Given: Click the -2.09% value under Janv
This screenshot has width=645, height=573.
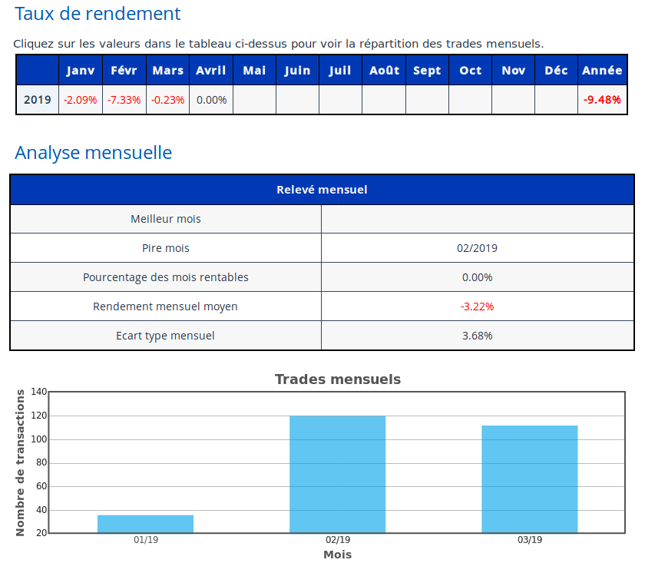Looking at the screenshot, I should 81,100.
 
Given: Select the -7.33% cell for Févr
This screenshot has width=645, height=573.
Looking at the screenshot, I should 124,100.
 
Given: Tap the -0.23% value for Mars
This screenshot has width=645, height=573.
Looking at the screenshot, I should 168,100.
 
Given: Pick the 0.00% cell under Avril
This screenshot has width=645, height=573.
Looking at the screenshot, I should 211,100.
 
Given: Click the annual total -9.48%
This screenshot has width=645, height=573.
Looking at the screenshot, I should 602,100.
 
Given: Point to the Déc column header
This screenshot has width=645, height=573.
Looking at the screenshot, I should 556,71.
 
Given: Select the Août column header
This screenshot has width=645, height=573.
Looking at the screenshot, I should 384,71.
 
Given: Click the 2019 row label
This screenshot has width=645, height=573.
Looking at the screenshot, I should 38,100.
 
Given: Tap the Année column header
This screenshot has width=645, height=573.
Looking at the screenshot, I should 602,71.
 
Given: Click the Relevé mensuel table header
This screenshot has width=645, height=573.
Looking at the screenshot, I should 322,190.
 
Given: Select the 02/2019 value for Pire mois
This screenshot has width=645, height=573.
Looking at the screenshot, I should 477,248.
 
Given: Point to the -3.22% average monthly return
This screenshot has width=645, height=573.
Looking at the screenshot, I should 477,306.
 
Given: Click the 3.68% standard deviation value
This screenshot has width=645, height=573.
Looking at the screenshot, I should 477,336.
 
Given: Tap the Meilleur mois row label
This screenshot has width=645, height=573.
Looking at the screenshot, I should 166,219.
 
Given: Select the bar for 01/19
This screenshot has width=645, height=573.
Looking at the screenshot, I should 145,524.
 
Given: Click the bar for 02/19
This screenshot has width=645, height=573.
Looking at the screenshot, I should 337,474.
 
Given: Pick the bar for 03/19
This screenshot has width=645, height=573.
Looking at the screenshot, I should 529,479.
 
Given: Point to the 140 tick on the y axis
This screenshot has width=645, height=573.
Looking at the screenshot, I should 39,392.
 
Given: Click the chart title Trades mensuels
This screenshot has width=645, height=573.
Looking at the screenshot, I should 337,379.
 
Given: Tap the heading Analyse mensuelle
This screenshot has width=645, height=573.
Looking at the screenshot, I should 93,153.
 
